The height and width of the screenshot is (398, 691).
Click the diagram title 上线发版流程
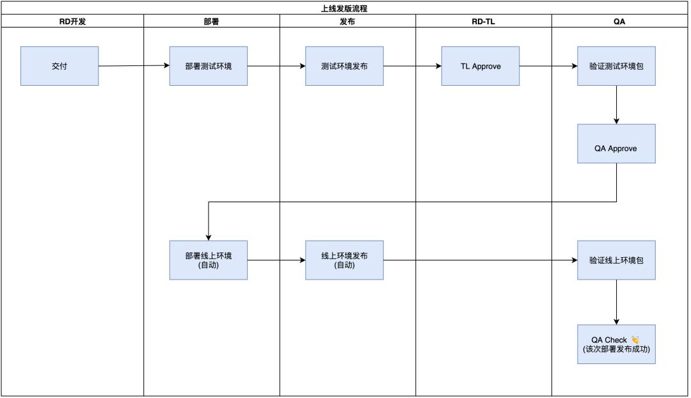pos(344,8)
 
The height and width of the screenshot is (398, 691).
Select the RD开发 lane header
pos(72,21)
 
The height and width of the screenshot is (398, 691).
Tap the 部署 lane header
pos(210,21)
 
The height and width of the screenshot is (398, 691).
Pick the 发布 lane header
pos(347,21)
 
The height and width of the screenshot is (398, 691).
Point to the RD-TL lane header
pos(483,21)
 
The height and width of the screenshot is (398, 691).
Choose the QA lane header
pos(619,21)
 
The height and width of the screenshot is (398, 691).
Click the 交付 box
pos(60,66)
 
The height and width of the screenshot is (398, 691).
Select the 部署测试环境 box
pos(208,66)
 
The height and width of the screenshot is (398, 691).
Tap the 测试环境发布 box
pos(344,66)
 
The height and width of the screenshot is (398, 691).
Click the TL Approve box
pos(480,66)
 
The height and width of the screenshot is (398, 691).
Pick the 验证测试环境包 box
pos(616,66)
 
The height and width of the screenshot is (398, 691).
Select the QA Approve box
pos(616,148)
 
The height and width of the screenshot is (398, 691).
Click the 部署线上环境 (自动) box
pos(208,260)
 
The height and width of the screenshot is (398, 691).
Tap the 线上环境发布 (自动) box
pos(344,260)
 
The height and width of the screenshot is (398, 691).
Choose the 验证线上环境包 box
pos(616,260)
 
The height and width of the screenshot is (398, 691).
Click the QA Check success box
pos(616,344)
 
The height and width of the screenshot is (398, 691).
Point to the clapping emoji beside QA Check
pos(635,340)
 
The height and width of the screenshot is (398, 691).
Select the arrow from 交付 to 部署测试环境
pos(134,66)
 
